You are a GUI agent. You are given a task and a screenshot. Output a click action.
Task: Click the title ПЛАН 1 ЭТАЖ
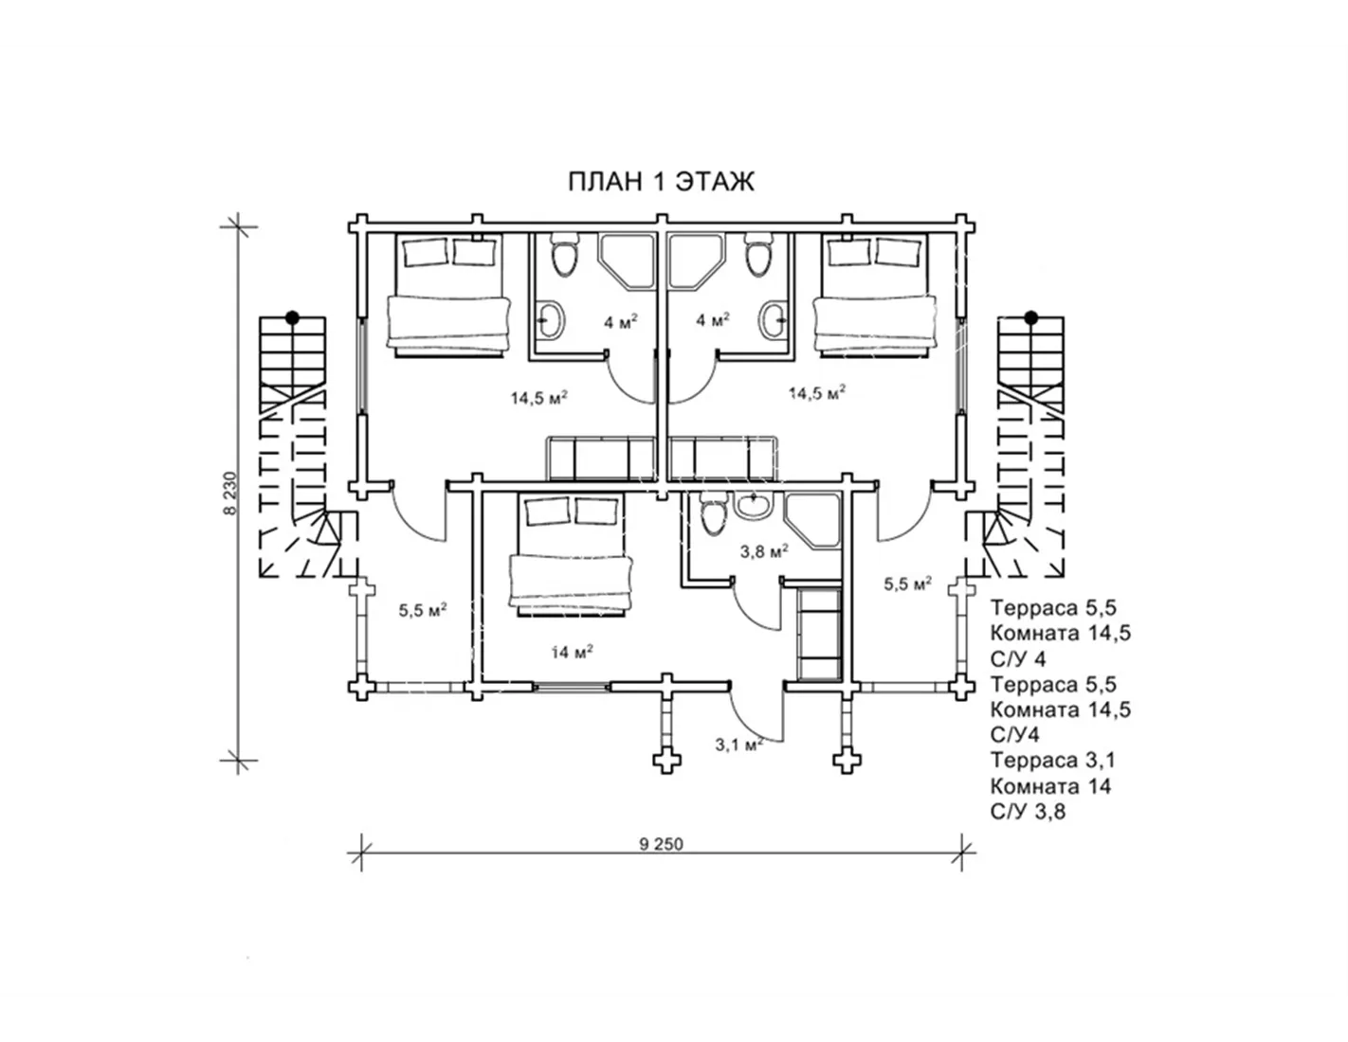pos(662,182)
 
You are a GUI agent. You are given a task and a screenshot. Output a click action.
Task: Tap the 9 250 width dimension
pos(661,844)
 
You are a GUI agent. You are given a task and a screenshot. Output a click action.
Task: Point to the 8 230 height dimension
pos(230,494)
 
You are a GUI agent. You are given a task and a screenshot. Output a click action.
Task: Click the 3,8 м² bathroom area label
pos(764,550)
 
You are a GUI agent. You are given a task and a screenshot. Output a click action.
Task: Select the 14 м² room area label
pos(572,652)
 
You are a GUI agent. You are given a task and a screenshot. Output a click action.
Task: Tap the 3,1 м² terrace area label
pos(738,745)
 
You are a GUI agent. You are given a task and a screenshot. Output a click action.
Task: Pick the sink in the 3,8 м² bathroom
pos(753,503)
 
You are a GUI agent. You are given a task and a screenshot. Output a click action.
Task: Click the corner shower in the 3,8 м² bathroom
pos(812,521)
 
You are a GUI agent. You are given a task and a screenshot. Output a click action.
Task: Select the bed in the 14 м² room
pos(571,555)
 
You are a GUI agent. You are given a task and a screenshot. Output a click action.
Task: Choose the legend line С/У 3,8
pos(1028,812)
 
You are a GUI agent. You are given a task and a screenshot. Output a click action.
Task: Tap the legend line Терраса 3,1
pos(1053,760)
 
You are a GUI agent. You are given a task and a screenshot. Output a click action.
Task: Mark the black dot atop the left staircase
pos(292,317)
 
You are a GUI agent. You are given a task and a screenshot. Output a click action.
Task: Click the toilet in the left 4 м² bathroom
pos(564,256)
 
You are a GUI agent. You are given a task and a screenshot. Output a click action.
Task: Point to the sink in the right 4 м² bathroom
pos(774,320)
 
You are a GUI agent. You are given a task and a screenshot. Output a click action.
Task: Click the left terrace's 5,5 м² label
pos(423,611)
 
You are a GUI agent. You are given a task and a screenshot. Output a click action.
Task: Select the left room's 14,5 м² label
pos(539,397)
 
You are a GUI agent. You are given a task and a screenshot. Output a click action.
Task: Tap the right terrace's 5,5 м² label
pos(907,584)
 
